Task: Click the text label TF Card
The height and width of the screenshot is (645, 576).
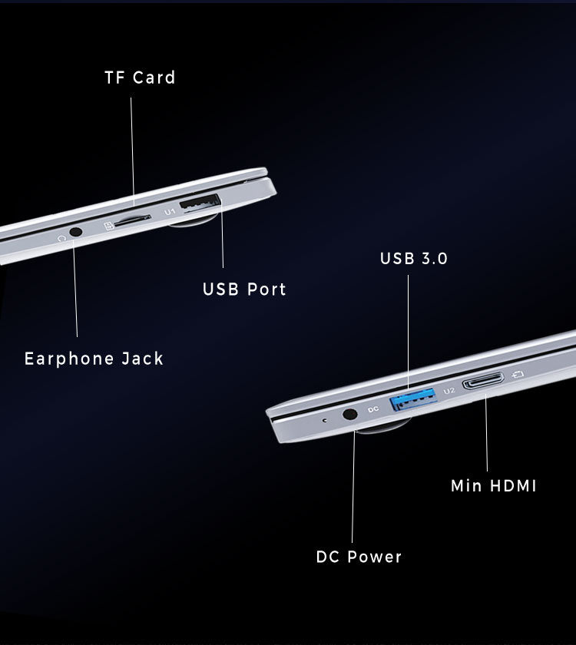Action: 140,78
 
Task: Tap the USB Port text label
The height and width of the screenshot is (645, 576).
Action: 244,289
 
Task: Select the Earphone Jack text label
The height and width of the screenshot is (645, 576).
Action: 94,359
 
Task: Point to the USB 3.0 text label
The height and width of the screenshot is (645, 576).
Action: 413,259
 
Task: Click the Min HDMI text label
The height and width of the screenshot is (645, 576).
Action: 493,486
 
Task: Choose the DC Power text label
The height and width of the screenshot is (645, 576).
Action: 359,557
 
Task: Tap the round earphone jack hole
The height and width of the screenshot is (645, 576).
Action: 75,230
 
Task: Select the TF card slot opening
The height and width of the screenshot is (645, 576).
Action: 131,219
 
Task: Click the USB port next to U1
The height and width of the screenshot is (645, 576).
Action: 200,205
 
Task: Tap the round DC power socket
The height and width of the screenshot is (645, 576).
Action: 350,414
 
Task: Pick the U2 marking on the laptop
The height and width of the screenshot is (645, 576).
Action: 449,390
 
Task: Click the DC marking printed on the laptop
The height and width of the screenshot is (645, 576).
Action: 373,409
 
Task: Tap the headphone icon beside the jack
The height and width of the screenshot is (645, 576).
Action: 62,238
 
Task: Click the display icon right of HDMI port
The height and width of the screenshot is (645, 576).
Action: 518,375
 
